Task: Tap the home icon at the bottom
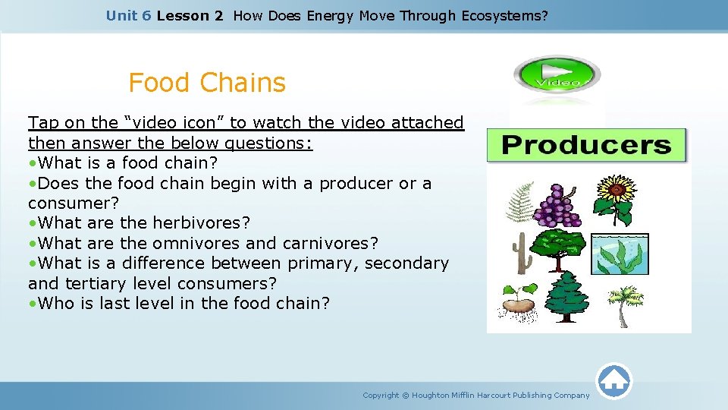[613, 379]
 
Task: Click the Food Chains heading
[207, 82]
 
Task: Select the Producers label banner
[586, 145]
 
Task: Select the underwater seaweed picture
[620, 254]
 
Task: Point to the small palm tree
[624, 304]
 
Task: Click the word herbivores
[201, 223]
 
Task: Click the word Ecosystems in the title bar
[504, 15]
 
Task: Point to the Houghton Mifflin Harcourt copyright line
[475, 395]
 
